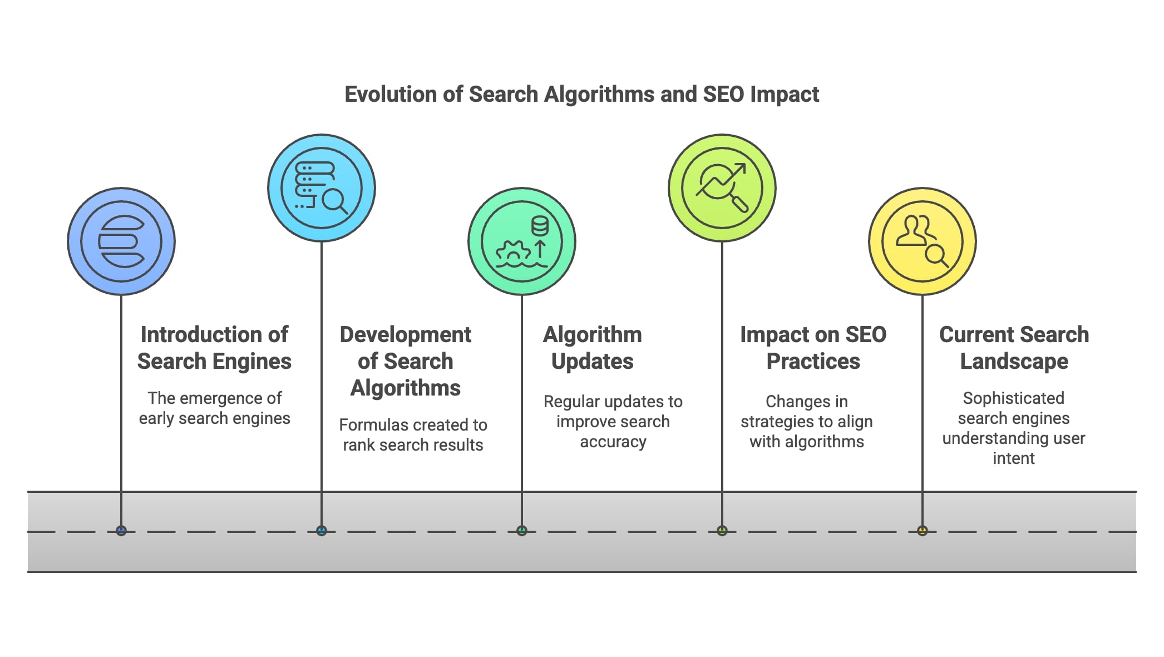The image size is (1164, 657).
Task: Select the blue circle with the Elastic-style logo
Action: [x=121, y=241]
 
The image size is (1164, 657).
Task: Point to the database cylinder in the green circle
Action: [x=540, y=226]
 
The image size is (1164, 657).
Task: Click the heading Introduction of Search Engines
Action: [x=214, y=348]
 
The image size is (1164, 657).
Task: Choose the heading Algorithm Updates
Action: [x=592, y=348]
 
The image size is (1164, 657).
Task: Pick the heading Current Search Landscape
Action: [x=1014, y=348]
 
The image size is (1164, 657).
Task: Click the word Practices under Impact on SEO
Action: [x=813, y=362]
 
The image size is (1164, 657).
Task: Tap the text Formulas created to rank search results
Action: [x=413, y=434]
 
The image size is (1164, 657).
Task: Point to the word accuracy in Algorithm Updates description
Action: [x=613, y=442]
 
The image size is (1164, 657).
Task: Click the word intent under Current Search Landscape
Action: [x=1013, y=458]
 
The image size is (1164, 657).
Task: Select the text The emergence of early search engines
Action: [x=214, y=408]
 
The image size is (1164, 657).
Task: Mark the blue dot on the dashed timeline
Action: [x=121, y=531]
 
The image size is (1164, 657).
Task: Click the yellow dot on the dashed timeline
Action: [x=923, y=531]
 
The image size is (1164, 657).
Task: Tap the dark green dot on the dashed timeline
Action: [x=521, y=531]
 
